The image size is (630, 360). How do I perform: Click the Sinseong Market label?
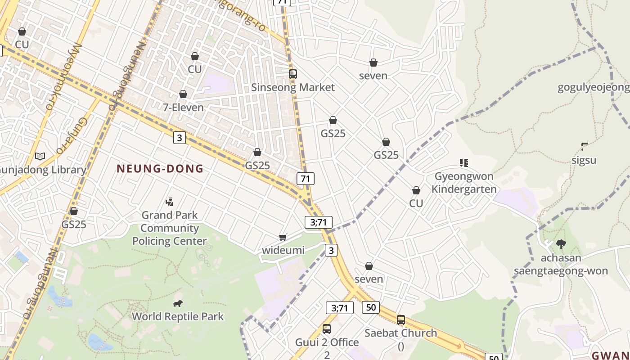click(293, 87)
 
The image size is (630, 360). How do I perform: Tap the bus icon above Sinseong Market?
click(293, 74)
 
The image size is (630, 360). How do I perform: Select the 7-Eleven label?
click(183, 108)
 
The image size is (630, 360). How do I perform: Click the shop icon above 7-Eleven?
click(183, 94)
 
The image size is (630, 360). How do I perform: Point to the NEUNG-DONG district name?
click(160, 169)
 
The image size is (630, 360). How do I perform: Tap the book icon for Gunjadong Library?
click(40, 156)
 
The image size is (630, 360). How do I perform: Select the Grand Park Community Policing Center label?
click(170, 228)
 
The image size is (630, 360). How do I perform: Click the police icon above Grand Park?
click(170, 202)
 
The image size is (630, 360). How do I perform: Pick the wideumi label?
click(283, 250)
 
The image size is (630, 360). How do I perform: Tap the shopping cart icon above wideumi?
click(283, 237)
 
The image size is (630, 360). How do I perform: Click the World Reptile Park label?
click(178, 316)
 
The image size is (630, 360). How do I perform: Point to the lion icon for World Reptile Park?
click(178, 304)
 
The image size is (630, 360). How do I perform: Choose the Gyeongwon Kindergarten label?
click(464, 183)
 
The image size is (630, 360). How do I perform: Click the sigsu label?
click(584, 160)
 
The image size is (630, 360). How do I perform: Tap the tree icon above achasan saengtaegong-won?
click(561, 244)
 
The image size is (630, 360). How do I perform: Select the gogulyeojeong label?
click(593, 87)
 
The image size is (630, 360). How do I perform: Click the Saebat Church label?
click(400, 333)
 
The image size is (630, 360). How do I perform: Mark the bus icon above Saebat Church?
click(400, 320)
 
